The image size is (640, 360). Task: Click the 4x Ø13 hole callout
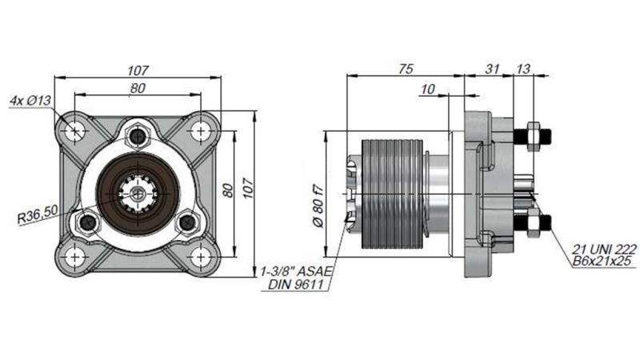[30, 101]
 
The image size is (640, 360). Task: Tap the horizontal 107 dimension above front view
[138, 70]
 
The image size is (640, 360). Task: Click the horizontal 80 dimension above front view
[138, 88]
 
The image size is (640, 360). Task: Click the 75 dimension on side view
[406, 70]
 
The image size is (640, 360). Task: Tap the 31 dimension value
[490, 70]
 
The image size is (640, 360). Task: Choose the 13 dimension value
[523, 70]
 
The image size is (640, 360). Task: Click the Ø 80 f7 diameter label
[317, 206]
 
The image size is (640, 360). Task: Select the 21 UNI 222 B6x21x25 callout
[597, 254]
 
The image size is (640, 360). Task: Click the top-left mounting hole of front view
[74, 130]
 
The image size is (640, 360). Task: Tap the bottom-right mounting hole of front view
[197, 257]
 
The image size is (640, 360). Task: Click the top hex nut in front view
[138, 132]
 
